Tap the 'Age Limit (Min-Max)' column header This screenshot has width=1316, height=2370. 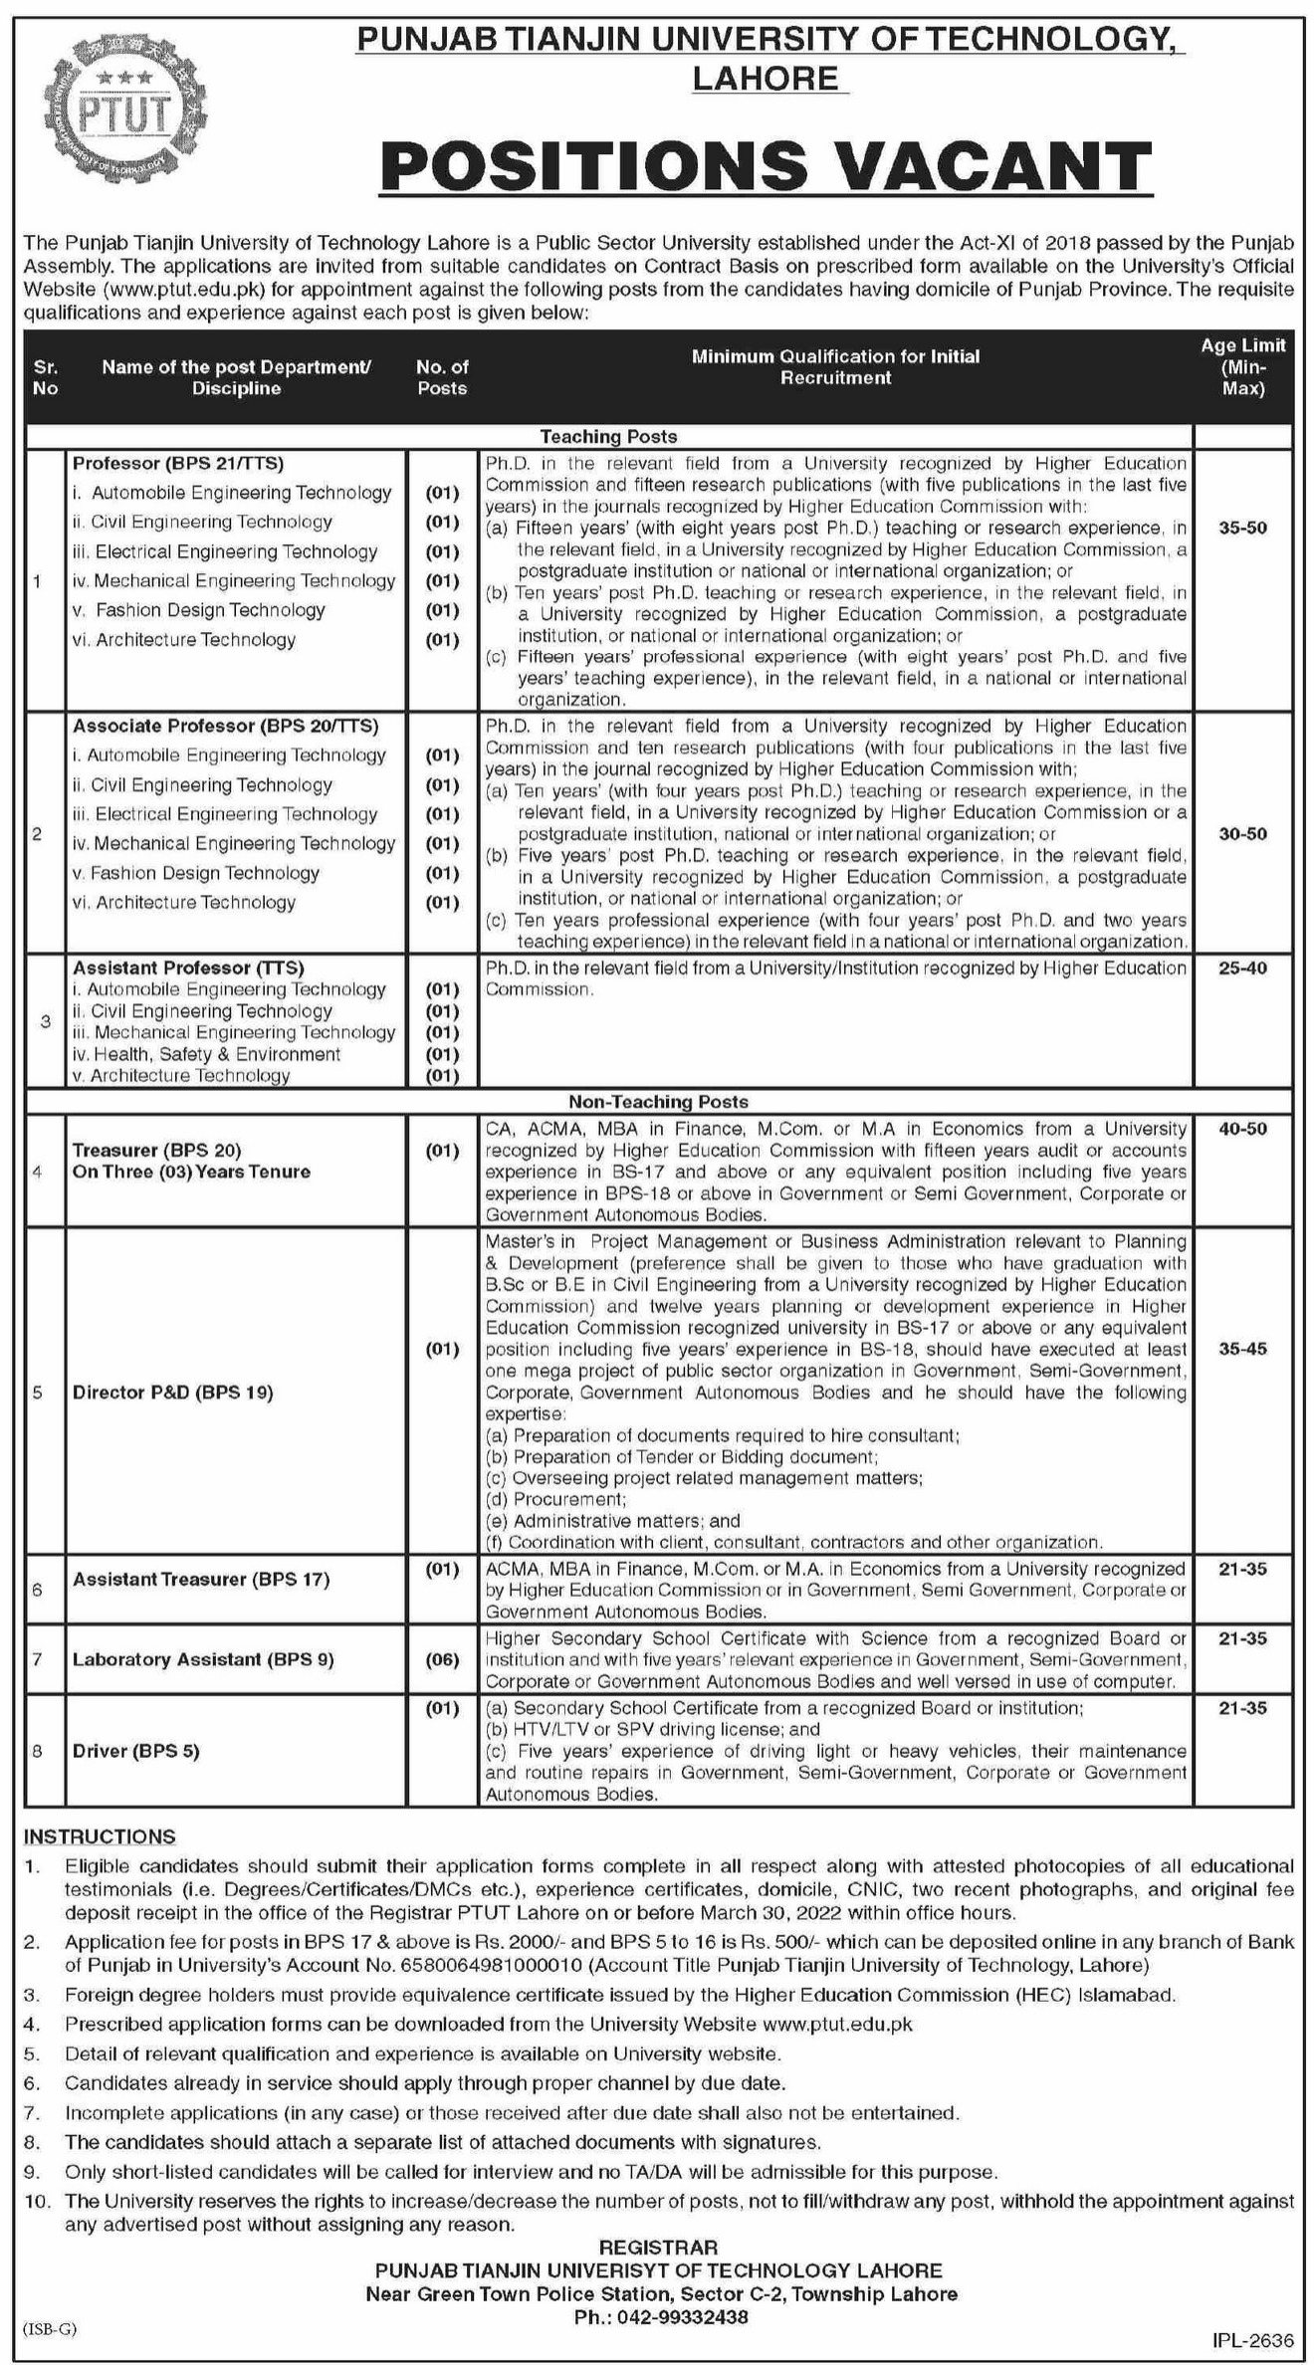(1242, 366)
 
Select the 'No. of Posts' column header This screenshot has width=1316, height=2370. (442, 377)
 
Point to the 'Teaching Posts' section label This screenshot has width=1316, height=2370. (608, 436)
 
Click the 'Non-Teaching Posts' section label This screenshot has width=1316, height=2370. (658, 1101)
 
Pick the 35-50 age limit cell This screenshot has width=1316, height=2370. (1242, 528)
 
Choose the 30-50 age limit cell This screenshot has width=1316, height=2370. (1242, 833)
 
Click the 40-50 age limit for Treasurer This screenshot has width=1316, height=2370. (1242, 1129)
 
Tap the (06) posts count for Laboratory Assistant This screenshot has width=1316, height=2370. (442, 1659)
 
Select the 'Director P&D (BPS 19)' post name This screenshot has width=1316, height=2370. (172, 1392)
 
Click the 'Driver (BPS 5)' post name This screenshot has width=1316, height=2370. (136, 1751)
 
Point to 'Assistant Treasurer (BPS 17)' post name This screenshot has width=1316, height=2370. (201, 1579)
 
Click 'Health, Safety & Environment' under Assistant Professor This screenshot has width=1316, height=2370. (213, 1054)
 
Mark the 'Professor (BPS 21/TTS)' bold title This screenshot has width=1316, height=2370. (178, 463)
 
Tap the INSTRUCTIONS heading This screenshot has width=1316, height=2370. (100, 1835)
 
